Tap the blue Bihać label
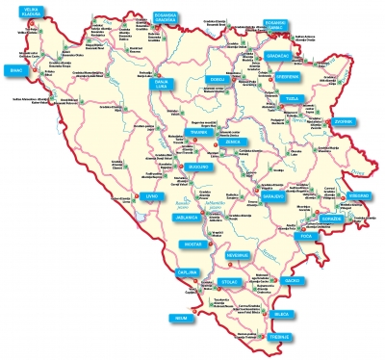coord(15,70)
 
